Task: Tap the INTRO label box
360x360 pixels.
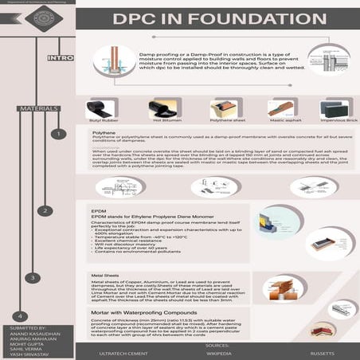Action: (61, 58)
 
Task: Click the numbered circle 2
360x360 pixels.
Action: (45, 211)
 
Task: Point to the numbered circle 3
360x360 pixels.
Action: (32, 278)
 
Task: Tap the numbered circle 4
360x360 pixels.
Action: (22, 315)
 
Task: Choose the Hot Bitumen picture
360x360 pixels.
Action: (164, 109)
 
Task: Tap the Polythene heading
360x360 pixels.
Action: (104, 134)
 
